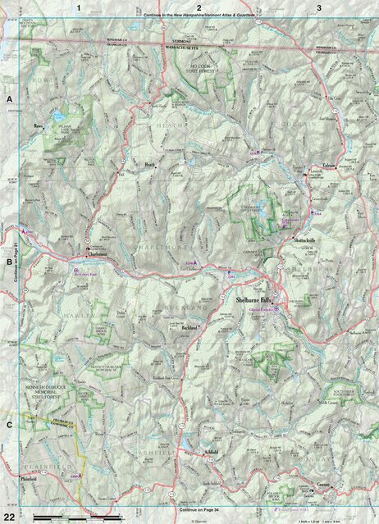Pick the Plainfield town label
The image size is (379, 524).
[31, 475]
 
